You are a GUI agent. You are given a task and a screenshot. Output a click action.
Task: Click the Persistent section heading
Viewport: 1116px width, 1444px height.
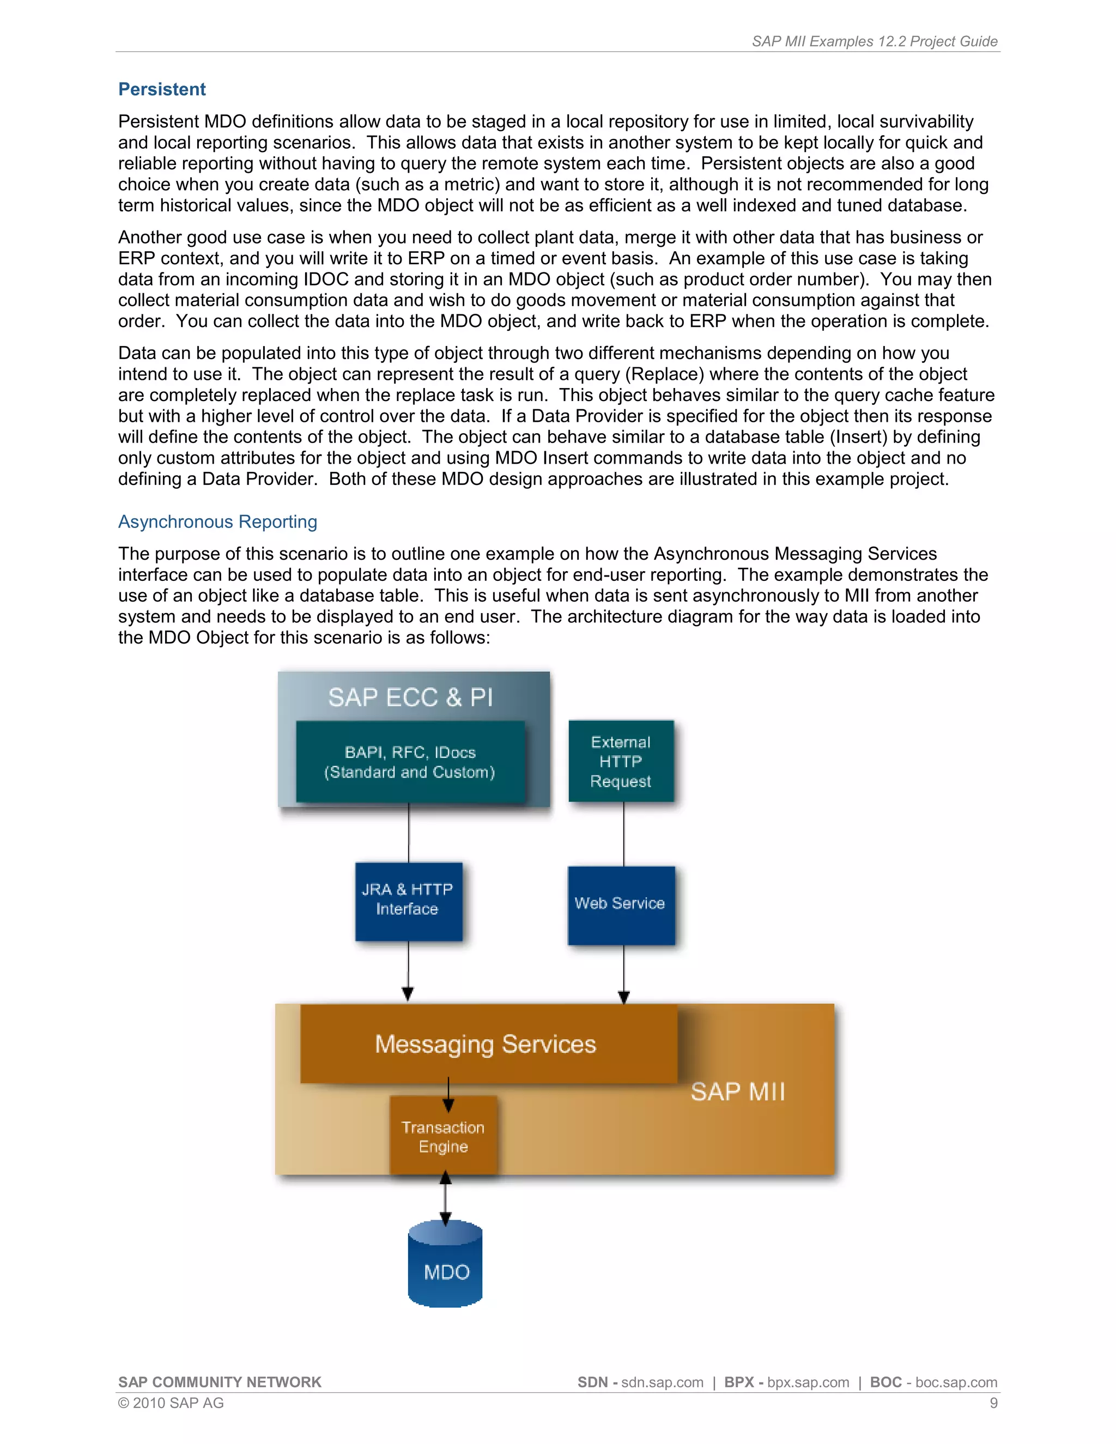tap(161, 89)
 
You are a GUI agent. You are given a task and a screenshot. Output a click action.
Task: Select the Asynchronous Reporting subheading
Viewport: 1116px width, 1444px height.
tap(217, 521)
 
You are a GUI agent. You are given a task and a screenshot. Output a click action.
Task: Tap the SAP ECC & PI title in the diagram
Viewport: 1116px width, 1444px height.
tap(410, 697)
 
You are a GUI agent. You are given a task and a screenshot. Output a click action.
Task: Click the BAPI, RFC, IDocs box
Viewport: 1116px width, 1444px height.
tap(410, 762)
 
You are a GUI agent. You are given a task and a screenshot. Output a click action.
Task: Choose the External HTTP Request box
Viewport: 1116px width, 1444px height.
tap(621, 761)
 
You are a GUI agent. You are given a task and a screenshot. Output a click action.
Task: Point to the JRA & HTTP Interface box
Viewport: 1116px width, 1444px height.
tap(408, 901)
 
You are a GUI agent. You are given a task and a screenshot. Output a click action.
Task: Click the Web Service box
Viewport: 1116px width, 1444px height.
tap(621, 904)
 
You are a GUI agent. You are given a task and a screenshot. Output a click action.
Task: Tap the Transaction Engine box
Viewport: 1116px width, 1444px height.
tap(443, 1137)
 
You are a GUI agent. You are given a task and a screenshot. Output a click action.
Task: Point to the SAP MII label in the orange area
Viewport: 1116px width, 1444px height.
tap(738, 1091)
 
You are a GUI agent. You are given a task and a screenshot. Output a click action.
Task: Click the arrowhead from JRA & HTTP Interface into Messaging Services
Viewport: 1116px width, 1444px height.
tap(408, 994)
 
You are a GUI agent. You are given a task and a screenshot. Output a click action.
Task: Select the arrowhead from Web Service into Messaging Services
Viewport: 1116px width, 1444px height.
tap(623, 997)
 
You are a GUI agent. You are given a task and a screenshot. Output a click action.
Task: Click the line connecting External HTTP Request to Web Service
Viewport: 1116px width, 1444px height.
tap(623, 834)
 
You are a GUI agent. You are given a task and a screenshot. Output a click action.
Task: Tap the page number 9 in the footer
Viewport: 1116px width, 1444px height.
tap(993, 1403)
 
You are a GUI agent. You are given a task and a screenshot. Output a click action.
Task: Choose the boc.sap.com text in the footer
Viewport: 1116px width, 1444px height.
tap(956, 1382)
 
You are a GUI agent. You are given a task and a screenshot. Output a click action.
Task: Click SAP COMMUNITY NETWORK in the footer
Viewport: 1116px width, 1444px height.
tap(220, 1382)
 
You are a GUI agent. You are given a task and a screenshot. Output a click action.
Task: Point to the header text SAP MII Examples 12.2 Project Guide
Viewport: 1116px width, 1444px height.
tap(874, 41)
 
